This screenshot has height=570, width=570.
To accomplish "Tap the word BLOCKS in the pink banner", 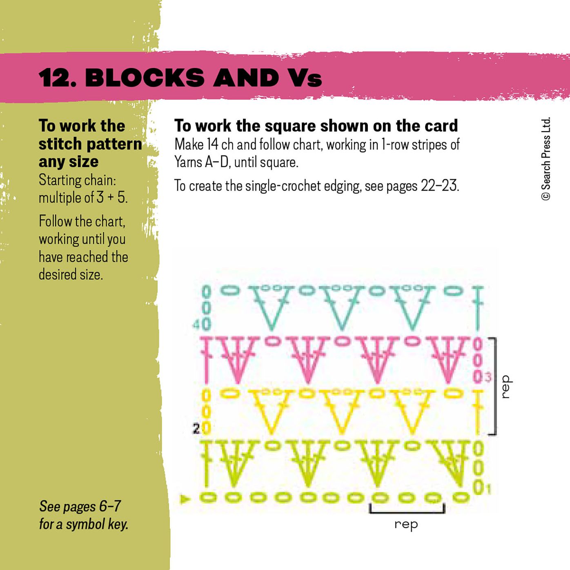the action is click(x=145, y=78).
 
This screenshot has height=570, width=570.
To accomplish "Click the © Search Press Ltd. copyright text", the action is click(x=546, y=159).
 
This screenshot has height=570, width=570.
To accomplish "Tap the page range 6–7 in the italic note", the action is click(x=109, y=506).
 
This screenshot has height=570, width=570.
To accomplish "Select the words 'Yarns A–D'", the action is click(x=202, y=162).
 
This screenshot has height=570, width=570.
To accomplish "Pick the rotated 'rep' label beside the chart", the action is click(x=506, y=387).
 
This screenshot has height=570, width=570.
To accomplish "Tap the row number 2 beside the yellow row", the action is click(x=196, y=428).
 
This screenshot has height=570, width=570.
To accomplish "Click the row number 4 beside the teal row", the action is click(x=196, y=325).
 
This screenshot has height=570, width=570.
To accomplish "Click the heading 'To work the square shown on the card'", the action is click(x=316, y=126).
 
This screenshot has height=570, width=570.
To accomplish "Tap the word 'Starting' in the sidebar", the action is click(x=61, y=180).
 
